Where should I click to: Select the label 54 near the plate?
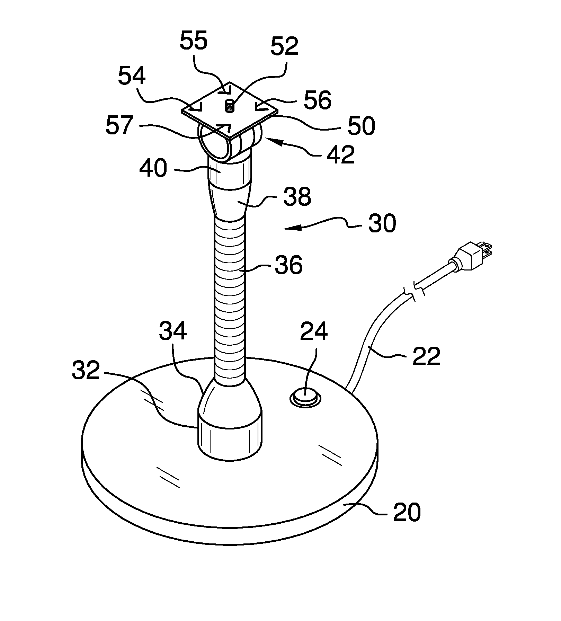tap(132, 77)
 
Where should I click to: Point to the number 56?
tap(318, 100)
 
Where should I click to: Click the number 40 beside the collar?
tap(153, 169)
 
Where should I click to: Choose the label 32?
tap(86, 371)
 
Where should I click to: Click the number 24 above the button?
tap(314, 331)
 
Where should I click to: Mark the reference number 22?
tap(426, 355)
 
